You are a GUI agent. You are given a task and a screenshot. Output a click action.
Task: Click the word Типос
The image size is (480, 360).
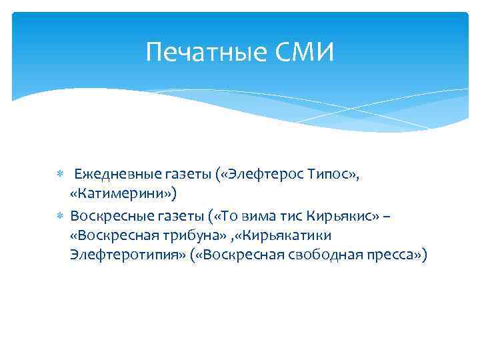(331, 175)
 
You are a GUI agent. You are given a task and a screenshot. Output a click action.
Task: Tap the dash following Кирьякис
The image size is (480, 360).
(387, 216)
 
